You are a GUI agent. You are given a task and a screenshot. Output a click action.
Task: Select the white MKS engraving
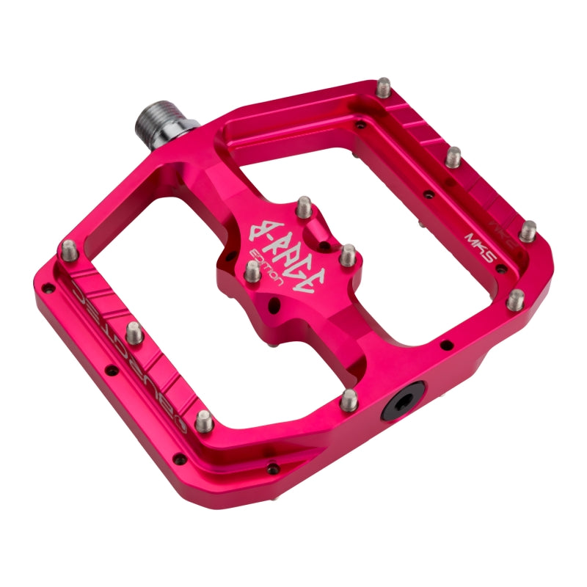point(478,241)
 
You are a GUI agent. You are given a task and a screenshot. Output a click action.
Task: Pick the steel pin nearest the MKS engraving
point(528,230)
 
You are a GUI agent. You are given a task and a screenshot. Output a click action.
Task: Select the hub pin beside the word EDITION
point(252,271)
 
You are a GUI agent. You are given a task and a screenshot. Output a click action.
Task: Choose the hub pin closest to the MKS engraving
point(348,255)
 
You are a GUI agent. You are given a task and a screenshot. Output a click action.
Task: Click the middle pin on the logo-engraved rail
point(134,333)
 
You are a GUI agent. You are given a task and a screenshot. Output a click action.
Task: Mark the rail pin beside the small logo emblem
point(205,420)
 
